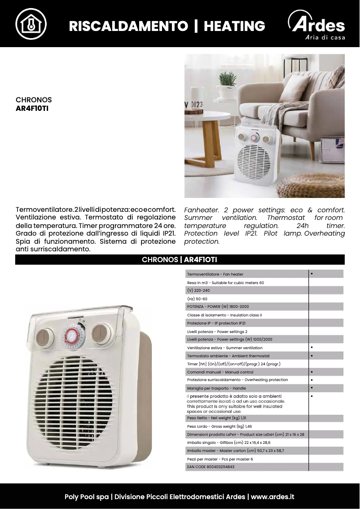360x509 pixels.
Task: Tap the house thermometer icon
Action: point(31,23)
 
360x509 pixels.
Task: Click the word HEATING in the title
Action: point(234,26)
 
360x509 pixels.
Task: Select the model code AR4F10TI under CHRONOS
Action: point(32,108)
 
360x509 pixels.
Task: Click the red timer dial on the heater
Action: point(72,335)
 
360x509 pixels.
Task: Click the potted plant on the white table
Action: point(228,85)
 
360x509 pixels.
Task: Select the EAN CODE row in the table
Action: point(211,467)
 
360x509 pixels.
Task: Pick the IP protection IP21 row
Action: point(216,323)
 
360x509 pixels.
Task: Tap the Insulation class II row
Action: point(224,315)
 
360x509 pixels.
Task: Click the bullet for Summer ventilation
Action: point(312,347)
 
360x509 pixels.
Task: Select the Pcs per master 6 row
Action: point(220,459)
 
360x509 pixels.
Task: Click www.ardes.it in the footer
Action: point(272,497)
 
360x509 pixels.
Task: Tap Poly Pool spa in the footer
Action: point(87,497)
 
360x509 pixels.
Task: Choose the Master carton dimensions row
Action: point(235,451)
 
